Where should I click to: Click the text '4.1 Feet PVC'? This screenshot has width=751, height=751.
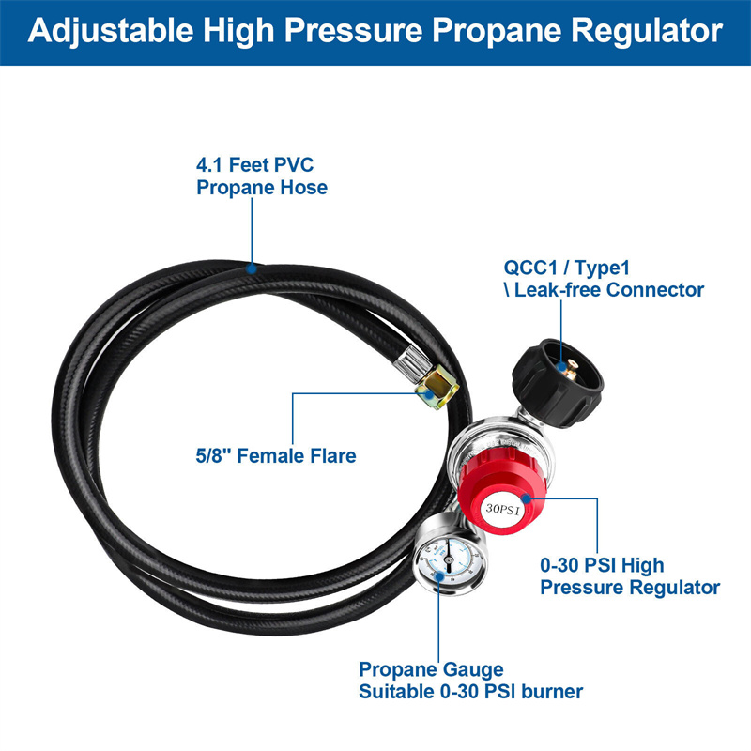click(254, 165)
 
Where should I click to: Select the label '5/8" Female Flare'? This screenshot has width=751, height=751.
click(270, 456)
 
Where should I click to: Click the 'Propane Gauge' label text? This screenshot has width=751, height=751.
click(431, 670)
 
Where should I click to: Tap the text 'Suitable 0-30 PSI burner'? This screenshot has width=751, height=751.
click(470, 692)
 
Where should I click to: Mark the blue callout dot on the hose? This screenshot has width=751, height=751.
click(253, 268)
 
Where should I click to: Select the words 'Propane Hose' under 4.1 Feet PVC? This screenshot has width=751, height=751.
click(262, 187)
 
